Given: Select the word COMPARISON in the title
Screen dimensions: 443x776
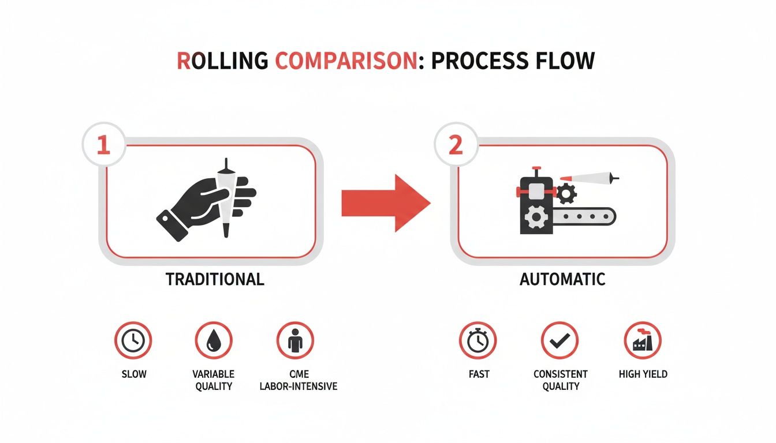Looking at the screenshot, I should coord(345,61).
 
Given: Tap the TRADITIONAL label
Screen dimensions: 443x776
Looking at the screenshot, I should coord(215,280).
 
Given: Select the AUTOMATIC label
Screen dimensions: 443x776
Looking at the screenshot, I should coord(562,280).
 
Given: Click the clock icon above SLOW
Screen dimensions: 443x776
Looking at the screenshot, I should coord(133,340).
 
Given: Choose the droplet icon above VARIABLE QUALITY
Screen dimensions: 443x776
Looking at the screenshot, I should coord(214,340).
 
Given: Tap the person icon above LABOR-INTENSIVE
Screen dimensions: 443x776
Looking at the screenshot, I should coord(295,340).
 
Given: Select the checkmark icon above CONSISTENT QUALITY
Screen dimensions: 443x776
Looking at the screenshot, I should coord(559,340).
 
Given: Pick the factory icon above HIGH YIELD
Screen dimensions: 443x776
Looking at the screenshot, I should coord(643,340).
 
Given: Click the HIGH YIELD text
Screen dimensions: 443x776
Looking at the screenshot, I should coord(643,374).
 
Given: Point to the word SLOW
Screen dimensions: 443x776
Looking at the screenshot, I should coord(134,374).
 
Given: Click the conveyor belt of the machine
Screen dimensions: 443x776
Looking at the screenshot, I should coord(583,217).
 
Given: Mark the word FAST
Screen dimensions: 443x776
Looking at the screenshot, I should coord(479,374).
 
